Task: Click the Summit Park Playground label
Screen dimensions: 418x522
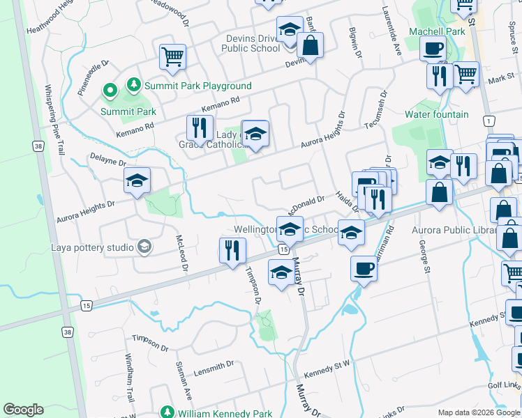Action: tap(198, 86)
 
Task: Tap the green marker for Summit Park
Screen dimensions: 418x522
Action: tap(110, 90)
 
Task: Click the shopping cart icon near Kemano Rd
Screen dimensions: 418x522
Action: tap(172, 57)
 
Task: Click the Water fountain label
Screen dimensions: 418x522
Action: tap(437, 114)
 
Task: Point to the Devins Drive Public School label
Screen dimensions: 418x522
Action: tap(251, 43)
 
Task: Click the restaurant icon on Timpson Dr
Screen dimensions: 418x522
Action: tap(232, 250)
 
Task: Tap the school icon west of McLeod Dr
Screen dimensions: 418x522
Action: tap(137, 181)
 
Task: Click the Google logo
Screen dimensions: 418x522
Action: tap(23, 410)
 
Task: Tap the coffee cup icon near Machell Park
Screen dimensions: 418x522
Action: tap(433, 49)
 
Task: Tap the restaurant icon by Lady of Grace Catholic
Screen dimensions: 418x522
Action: tap(200, 128)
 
